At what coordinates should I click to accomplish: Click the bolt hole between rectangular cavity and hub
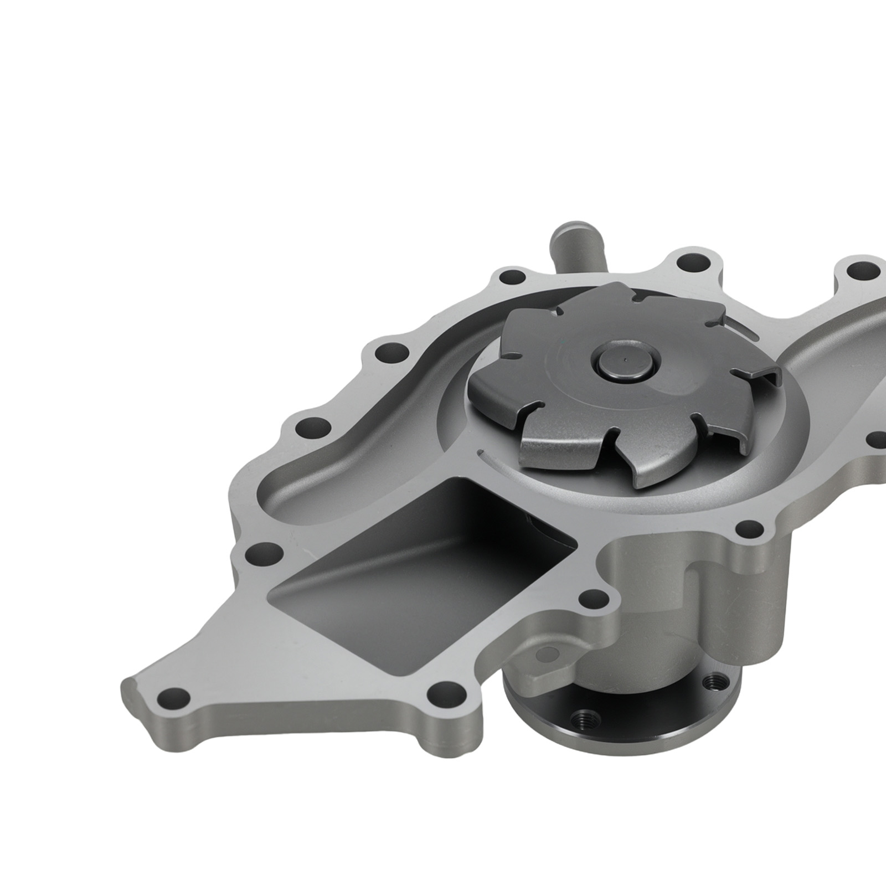(592, 598)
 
